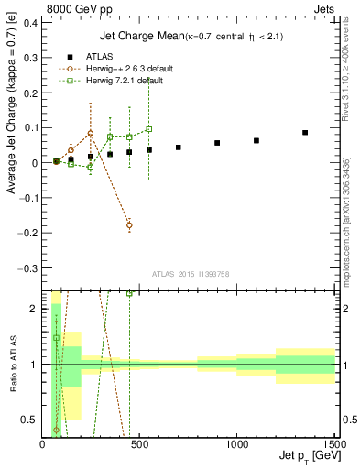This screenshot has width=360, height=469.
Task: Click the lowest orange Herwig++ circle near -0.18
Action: [x=129, y=224]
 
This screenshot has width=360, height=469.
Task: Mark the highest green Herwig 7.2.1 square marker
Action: [x=149, y=129]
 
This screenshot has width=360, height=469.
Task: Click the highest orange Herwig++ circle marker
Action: [x=91, y=133]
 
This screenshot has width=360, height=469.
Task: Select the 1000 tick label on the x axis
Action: [x=237, y=444]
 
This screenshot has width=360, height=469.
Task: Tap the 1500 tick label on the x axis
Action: [x=334, y=444]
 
